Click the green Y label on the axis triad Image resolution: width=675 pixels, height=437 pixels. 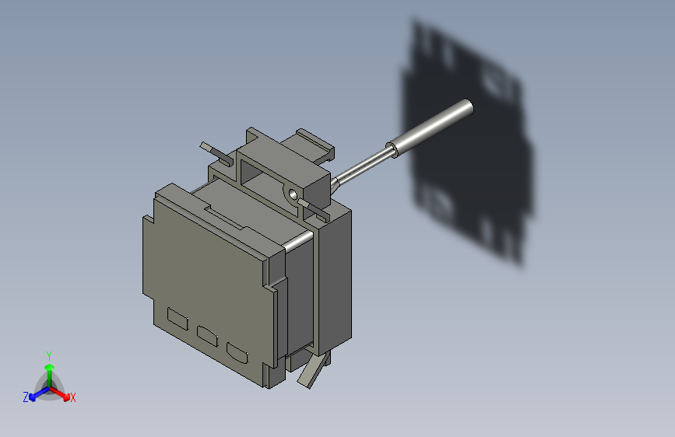click(48, 354)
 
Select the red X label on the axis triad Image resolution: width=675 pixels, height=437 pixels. click(73, 398)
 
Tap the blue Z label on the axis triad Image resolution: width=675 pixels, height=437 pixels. click(26, 397)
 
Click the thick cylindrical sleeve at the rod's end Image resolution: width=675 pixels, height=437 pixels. click(432, 128)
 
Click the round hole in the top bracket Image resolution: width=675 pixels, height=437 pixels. click(293, 191)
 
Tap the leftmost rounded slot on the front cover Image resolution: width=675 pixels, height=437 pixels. click(178, 318)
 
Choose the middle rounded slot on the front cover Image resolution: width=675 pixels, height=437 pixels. click(207, 336)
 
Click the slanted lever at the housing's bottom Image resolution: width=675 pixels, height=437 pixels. click(310, 371)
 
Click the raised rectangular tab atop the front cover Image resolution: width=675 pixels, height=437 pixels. click(226, 215)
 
